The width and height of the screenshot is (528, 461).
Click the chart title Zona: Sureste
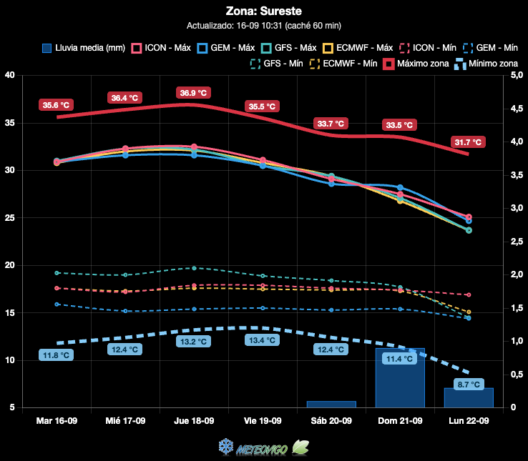coord(264,11)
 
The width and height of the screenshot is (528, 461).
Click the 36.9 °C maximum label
coord(193,93)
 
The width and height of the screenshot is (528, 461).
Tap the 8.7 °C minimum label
coord(469,385)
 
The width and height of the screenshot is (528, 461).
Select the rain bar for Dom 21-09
coord(400,378)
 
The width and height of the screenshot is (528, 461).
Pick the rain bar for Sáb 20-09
coord(331,404)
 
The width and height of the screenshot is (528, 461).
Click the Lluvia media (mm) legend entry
coord(84,48)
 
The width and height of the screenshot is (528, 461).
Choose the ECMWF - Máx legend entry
coord(358,48)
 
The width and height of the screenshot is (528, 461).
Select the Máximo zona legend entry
coord(416,64)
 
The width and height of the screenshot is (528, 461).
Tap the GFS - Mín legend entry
coord(276,64)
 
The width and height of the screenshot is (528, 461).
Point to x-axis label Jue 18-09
coord(194,421)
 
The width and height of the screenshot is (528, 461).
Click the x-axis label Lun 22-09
coord(469,421)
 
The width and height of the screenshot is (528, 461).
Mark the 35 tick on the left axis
coord(10,123)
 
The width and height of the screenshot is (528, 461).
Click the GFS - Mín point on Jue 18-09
coord(194,268)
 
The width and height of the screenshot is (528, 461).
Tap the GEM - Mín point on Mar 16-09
coord(57,304)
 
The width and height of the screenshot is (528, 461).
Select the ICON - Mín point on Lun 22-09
coord(469,294)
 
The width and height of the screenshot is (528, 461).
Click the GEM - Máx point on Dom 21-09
coord(400,187)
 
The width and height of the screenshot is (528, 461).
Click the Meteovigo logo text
coord(262,450)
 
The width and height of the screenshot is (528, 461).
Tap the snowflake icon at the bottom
coord(225,447)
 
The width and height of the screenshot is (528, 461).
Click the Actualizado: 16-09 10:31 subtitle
coord(264,26)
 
